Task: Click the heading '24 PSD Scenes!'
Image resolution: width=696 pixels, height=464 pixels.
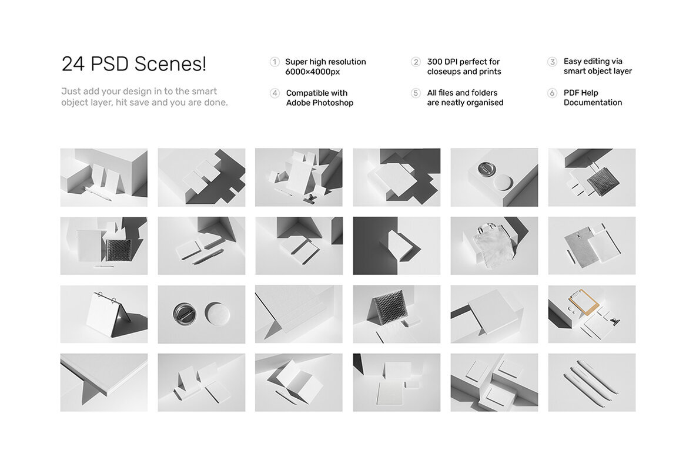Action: point(134,64)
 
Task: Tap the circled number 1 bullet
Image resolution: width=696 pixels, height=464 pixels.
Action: point(275,62)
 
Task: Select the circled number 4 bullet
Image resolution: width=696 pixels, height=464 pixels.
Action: point(275,93)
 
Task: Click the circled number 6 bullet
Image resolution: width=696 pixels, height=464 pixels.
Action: point(552,93)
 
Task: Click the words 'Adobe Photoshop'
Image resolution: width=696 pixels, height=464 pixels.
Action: point(319,103)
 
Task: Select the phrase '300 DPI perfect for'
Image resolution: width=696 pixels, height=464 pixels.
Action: point(463,62)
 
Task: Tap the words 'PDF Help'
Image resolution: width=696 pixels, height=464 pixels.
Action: point(581,93)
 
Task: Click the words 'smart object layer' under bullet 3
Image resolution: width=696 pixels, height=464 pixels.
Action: point(597,71)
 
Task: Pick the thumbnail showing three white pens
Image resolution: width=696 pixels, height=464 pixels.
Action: point(591,382)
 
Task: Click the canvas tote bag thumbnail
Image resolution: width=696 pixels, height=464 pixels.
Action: point(494,246)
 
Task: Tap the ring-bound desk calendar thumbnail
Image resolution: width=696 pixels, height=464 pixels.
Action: point(104,314)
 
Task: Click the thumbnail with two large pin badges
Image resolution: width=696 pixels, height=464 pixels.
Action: point(201,314)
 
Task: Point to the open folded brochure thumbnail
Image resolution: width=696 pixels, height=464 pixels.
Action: point(299,382)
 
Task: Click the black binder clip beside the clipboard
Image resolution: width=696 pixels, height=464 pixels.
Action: point(615,322)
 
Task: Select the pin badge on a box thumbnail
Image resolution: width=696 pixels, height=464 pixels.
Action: point(494,177)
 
